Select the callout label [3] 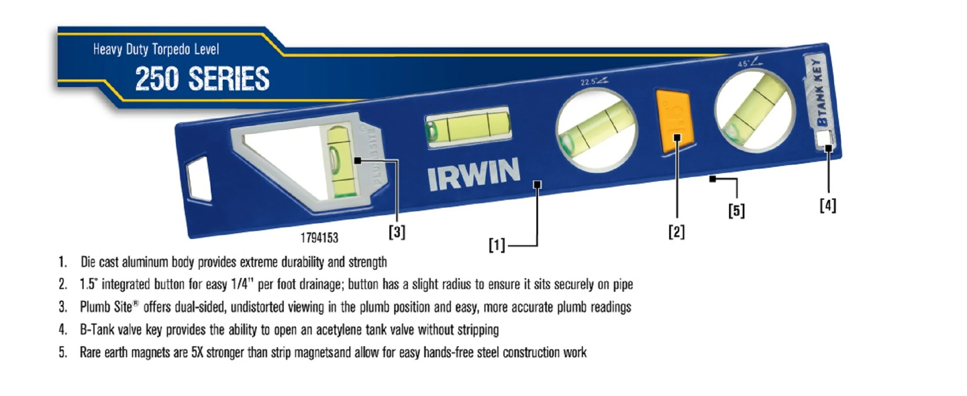point(397,232)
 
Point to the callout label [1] point(497,245)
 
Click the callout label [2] point(677,231)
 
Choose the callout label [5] point(736,211)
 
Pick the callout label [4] point(828,205)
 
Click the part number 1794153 point(319,238)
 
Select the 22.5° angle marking point(593,81)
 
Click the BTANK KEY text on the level point(818,92)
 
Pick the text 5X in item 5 point(197,352)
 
